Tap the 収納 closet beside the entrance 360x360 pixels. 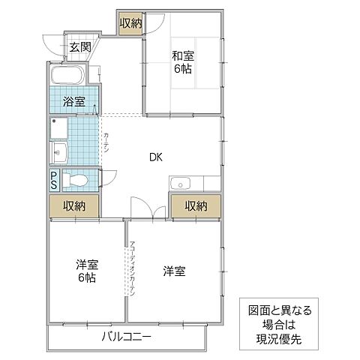click(130, 23)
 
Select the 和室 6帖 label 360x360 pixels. click(182, 61)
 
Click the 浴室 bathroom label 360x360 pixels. click(73, 101)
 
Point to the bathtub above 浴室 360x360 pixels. click(69, 77)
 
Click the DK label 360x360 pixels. click(155, 157)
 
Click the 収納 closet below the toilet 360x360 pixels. click(73, 205)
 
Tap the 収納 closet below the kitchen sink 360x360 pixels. click(196, 205)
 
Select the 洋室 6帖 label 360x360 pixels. click(87, 271)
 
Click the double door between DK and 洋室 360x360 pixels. click(148, 211)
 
